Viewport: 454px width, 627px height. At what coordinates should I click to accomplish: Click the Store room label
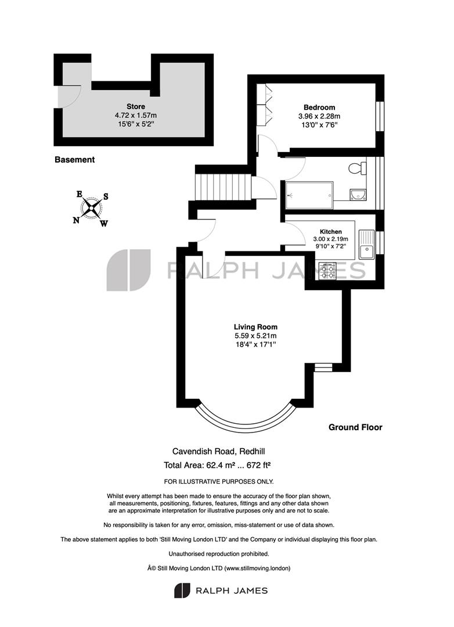(136, 106)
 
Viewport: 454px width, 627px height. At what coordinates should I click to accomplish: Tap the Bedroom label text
(319, 107)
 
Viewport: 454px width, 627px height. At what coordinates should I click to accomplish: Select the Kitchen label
(331, 232)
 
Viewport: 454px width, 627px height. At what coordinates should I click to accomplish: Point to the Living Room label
(255, 327)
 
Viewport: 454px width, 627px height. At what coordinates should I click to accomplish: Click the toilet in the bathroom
(357, 168)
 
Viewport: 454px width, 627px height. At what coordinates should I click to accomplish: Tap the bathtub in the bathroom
(309, 195)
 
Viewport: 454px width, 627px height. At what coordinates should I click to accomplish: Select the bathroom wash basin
(358, 194)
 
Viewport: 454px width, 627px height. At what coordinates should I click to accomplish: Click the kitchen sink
(366, 245)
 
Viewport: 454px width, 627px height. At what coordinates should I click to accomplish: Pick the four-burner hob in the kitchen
(327, 272)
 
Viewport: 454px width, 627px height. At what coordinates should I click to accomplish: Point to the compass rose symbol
(92, 208)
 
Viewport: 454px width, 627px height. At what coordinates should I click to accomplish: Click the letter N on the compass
(76, 220)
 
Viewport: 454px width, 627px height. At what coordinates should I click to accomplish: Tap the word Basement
(74, 160)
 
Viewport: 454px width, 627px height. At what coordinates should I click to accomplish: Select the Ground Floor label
(355, 427)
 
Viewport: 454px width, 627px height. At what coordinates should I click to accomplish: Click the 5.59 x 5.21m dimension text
(255, 336)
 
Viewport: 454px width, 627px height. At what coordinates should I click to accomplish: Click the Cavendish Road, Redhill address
(218, 452)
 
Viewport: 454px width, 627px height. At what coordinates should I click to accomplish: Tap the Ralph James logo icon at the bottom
(182, 590)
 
